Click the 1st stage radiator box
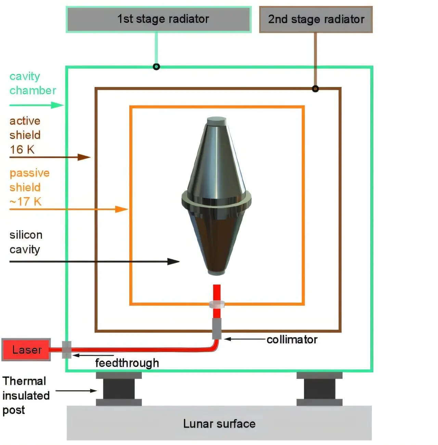(x=159, y=19)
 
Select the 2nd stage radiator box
(x=316, y=20)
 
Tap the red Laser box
(x=26, y=350)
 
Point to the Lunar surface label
(x=219, y=424)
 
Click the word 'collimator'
(x=292, y=340)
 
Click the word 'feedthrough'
(x=127, y=363)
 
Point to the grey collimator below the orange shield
(x=217, y=329)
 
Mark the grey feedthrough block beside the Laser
(x=67, y=350)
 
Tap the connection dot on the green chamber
(x=156, y=67)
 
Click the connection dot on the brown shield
(x=315, y=89)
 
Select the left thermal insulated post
(x=119, y=389)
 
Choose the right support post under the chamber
(x=319, y=389)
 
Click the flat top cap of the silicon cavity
(x=217, y=121)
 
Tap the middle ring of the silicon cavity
(x=216, y=200)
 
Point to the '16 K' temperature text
(x=22, y=150)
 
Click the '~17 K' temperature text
(x=26, y=202)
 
